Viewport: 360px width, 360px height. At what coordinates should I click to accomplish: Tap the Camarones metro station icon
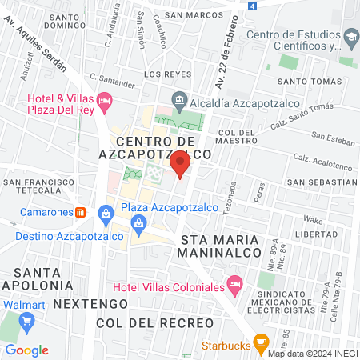pyautogui.click(x=80, y=213)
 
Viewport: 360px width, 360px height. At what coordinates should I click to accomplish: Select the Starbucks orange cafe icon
pyautogui.click(x=260, y=342)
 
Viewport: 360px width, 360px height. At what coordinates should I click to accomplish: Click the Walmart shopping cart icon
pyautogui.click(x=27, y=322)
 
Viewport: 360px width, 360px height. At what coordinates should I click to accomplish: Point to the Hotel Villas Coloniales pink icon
pyautogui.click(x=234, y=284)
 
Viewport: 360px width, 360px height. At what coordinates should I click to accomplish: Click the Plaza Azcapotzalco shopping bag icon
pyautogui.click(x=106, y=213)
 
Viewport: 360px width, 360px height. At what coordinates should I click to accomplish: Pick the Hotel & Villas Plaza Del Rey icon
pyautogui.click(x=104, y=102)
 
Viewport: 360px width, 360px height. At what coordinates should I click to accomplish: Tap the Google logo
pyautogui.click(x=26, y=350)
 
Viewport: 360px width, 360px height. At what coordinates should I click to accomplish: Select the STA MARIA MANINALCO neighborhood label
pyautogui.click(x=222, y=246)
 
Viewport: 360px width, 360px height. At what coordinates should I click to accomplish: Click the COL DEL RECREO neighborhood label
pyautogui.click(x=154, y=322)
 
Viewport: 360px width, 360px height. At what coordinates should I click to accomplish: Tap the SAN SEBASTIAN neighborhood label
pyautogui.click(x=322, y=182)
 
